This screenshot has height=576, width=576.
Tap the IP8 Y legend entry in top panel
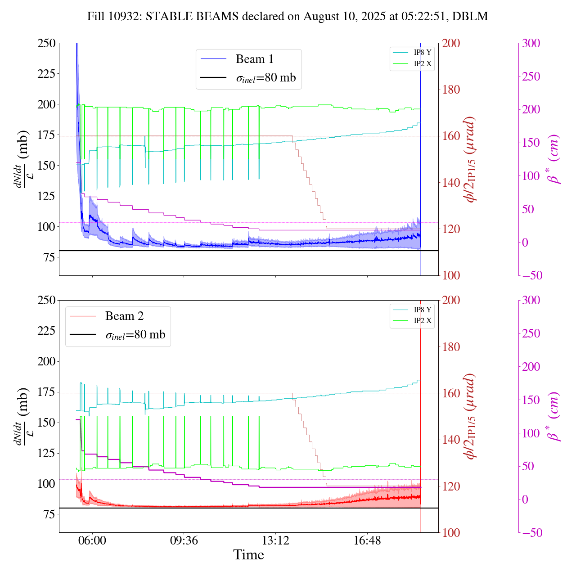tap(422, 52)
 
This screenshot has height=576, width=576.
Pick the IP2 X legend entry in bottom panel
tap(422, 321)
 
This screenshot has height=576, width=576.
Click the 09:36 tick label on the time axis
tap(184, 540)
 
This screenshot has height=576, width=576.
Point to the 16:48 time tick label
tap(367, 540)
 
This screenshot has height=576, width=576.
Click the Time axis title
tap(248, 555)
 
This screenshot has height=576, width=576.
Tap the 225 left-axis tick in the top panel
tap(46, 74)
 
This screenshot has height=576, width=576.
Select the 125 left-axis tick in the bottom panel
tap(46, 453)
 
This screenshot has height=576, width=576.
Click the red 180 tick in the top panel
tap(451, 90)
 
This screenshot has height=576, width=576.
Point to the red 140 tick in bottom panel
tap(451, 440)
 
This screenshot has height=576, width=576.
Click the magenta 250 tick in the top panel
tap(531, 76)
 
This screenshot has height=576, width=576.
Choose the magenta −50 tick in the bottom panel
tap(531, 533)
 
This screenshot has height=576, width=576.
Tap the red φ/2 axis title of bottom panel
tap(471, 416)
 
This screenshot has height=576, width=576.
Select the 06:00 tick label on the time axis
tap(92, 540)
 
